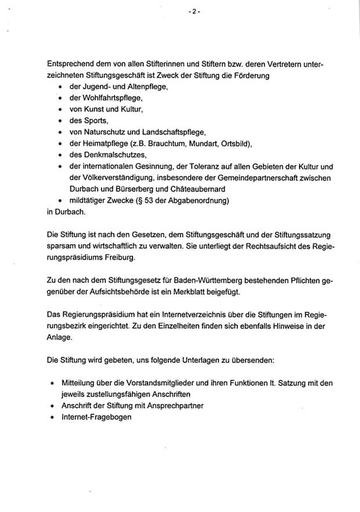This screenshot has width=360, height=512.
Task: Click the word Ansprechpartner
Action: (x=175, y=406)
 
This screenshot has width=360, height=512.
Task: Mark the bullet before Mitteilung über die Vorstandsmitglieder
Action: (x=53, y=384)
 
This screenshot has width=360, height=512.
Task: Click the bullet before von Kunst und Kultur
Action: (x=60, y=110)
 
